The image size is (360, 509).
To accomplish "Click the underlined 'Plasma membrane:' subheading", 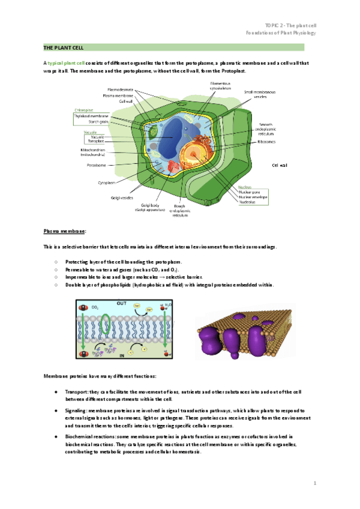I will click(65, 231).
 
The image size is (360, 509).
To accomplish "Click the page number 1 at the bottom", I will click(314, 483).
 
